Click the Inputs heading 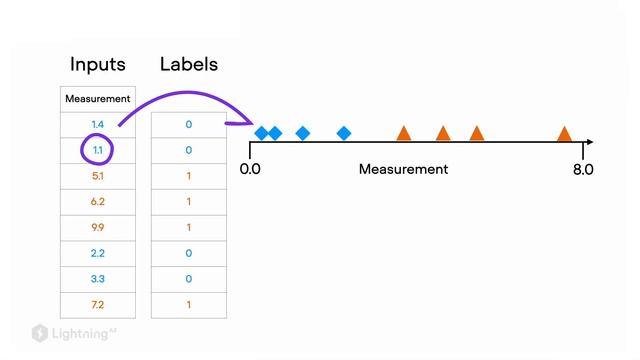[x=98, y=64]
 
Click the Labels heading [x=189, y=64]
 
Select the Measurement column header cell [x=98, y=99]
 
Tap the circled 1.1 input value [x=98, y=150]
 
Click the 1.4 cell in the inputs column [x=98, y=124]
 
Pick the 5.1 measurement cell [x=98, y=176]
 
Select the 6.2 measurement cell [x=98, y=201]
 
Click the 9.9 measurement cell [x=98, y=227]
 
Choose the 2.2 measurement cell [x=98, y=253]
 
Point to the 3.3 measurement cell [x=98, y=279]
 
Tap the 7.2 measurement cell [x=98, y=304]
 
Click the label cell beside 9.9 [x=189, y=227]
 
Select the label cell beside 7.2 [x=189, y=304]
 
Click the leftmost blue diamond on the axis [x=262, y=133]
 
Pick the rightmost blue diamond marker [x=344, y=133]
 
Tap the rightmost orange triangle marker [x=564, y=134]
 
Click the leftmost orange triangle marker [x=404, y=134]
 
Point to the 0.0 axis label [x=250, y=169]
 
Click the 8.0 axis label [x=583, y=169]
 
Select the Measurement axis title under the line [x=403, y=169]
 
